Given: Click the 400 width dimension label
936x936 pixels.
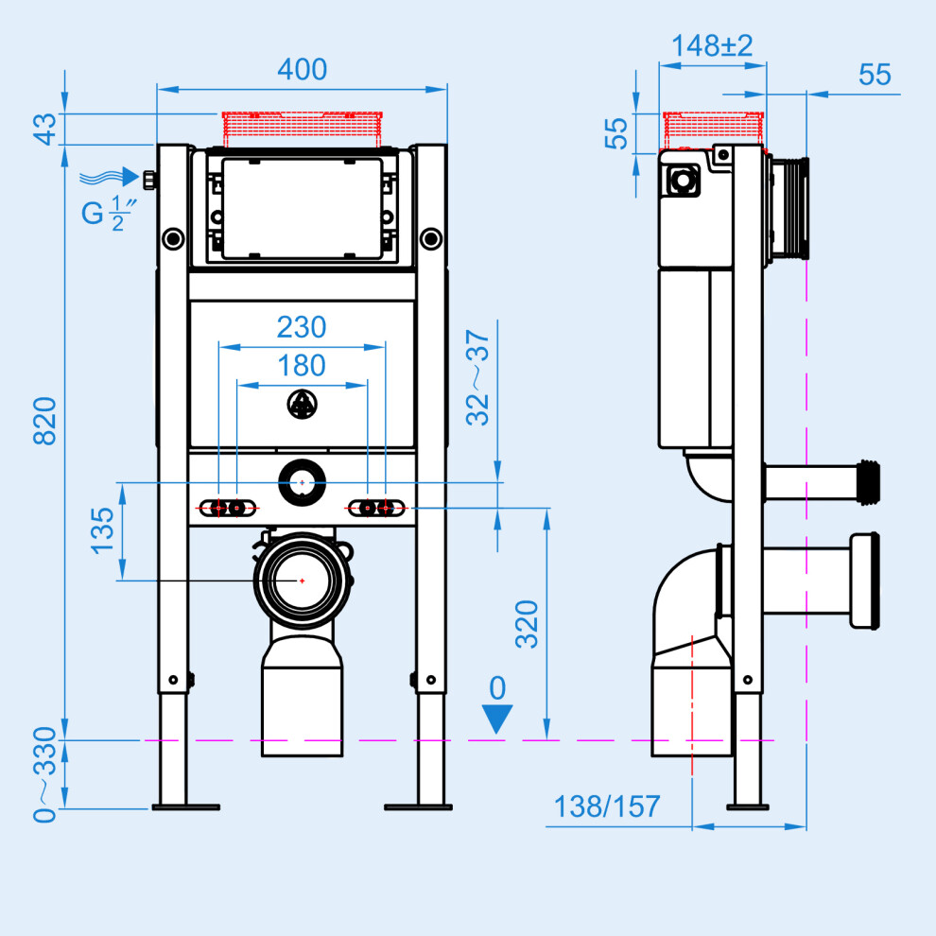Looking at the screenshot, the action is point(302,69).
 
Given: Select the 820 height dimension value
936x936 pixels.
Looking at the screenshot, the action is point(44,421).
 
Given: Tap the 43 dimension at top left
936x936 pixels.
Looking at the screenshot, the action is point(44,129).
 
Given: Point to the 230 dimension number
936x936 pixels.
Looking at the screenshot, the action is point(302,327).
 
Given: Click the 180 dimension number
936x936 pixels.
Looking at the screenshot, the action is point(302,365).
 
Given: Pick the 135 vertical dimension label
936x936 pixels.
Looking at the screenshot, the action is point(102,530).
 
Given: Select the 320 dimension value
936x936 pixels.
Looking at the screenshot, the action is point(527,624).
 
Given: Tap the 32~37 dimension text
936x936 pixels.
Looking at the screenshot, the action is point(477,377).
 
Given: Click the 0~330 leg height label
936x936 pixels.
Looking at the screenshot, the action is point(44,775).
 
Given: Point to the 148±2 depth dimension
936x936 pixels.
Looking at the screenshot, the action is point(712,46).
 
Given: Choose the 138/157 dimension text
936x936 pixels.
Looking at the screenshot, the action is point(607,806).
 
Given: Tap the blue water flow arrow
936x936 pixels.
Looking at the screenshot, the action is point(110,177).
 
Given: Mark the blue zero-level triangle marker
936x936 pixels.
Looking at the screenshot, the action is point(497,718).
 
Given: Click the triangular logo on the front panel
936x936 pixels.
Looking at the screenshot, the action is point(302,404).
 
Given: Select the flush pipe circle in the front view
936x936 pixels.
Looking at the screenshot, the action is point(302,482).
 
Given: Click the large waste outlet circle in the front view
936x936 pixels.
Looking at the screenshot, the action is point(302,581).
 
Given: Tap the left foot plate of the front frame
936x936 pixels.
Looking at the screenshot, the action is point(186,807).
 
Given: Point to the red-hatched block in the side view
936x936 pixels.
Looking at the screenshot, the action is point(713,130).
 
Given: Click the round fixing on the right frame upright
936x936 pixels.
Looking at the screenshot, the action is point(431,239).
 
